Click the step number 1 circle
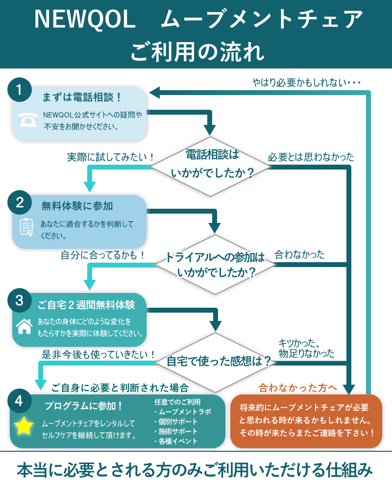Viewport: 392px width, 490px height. (x=19, y=90)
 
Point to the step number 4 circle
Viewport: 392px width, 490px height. (x=19, y=401)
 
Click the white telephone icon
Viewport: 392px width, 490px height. (x=28, y=120)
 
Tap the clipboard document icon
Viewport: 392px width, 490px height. (x=26, y=227)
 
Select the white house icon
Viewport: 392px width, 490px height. (x=24, y=326)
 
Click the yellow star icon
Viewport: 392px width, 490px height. (x=24, y=427)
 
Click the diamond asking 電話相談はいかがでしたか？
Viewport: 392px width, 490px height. (x=211, y=164)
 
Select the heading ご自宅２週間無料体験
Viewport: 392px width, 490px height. (x=86, y=305)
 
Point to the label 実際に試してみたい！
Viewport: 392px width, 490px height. (x=111, y=157)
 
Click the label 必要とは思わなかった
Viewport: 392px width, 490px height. (x=311, y=157)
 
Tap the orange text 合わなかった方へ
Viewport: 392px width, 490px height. (x=298, y=387)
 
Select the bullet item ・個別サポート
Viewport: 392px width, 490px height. (x=176, y=421)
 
